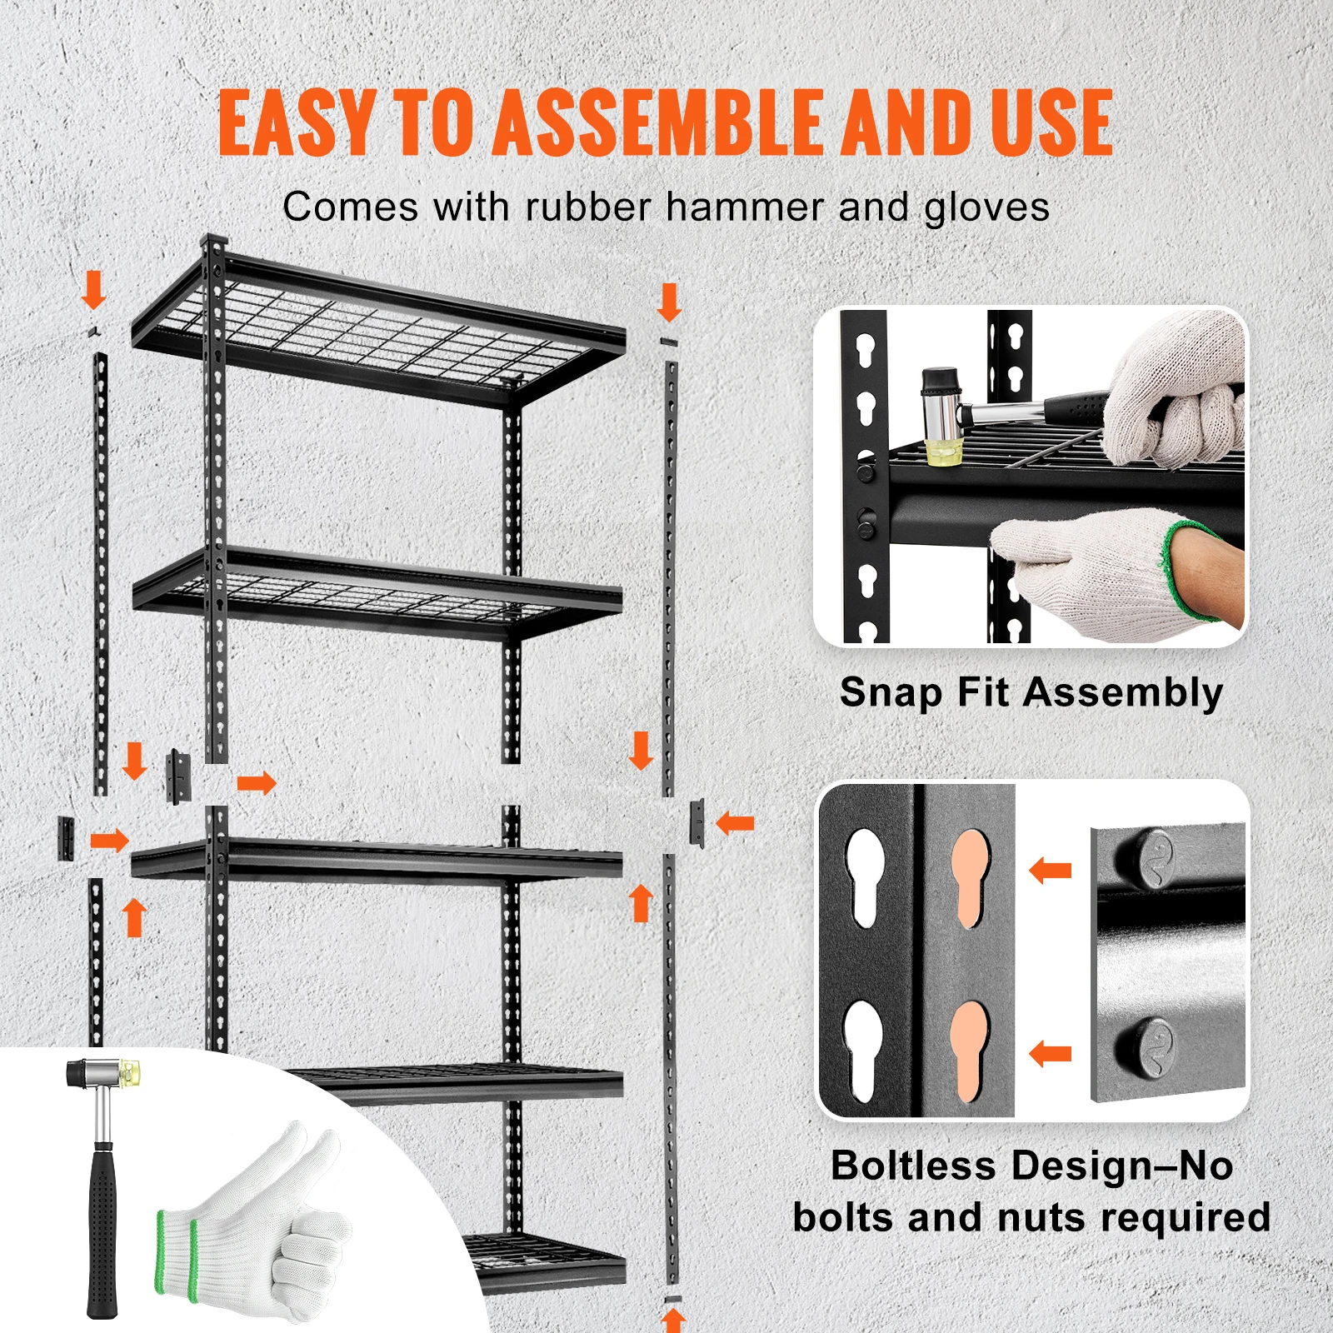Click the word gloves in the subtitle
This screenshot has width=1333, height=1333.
(986, 207)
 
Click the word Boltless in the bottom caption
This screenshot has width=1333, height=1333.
(913, 1166)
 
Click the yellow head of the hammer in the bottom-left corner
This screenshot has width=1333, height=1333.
(131, 1071)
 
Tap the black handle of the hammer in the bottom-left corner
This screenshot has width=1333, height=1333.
(102, 1233)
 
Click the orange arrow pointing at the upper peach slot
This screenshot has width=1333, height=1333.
(1050, 871)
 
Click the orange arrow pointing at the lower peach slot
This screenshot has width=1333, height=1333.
(1050, 1054)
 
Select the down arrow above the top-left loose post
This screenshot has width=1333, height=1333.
(94, 289)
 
